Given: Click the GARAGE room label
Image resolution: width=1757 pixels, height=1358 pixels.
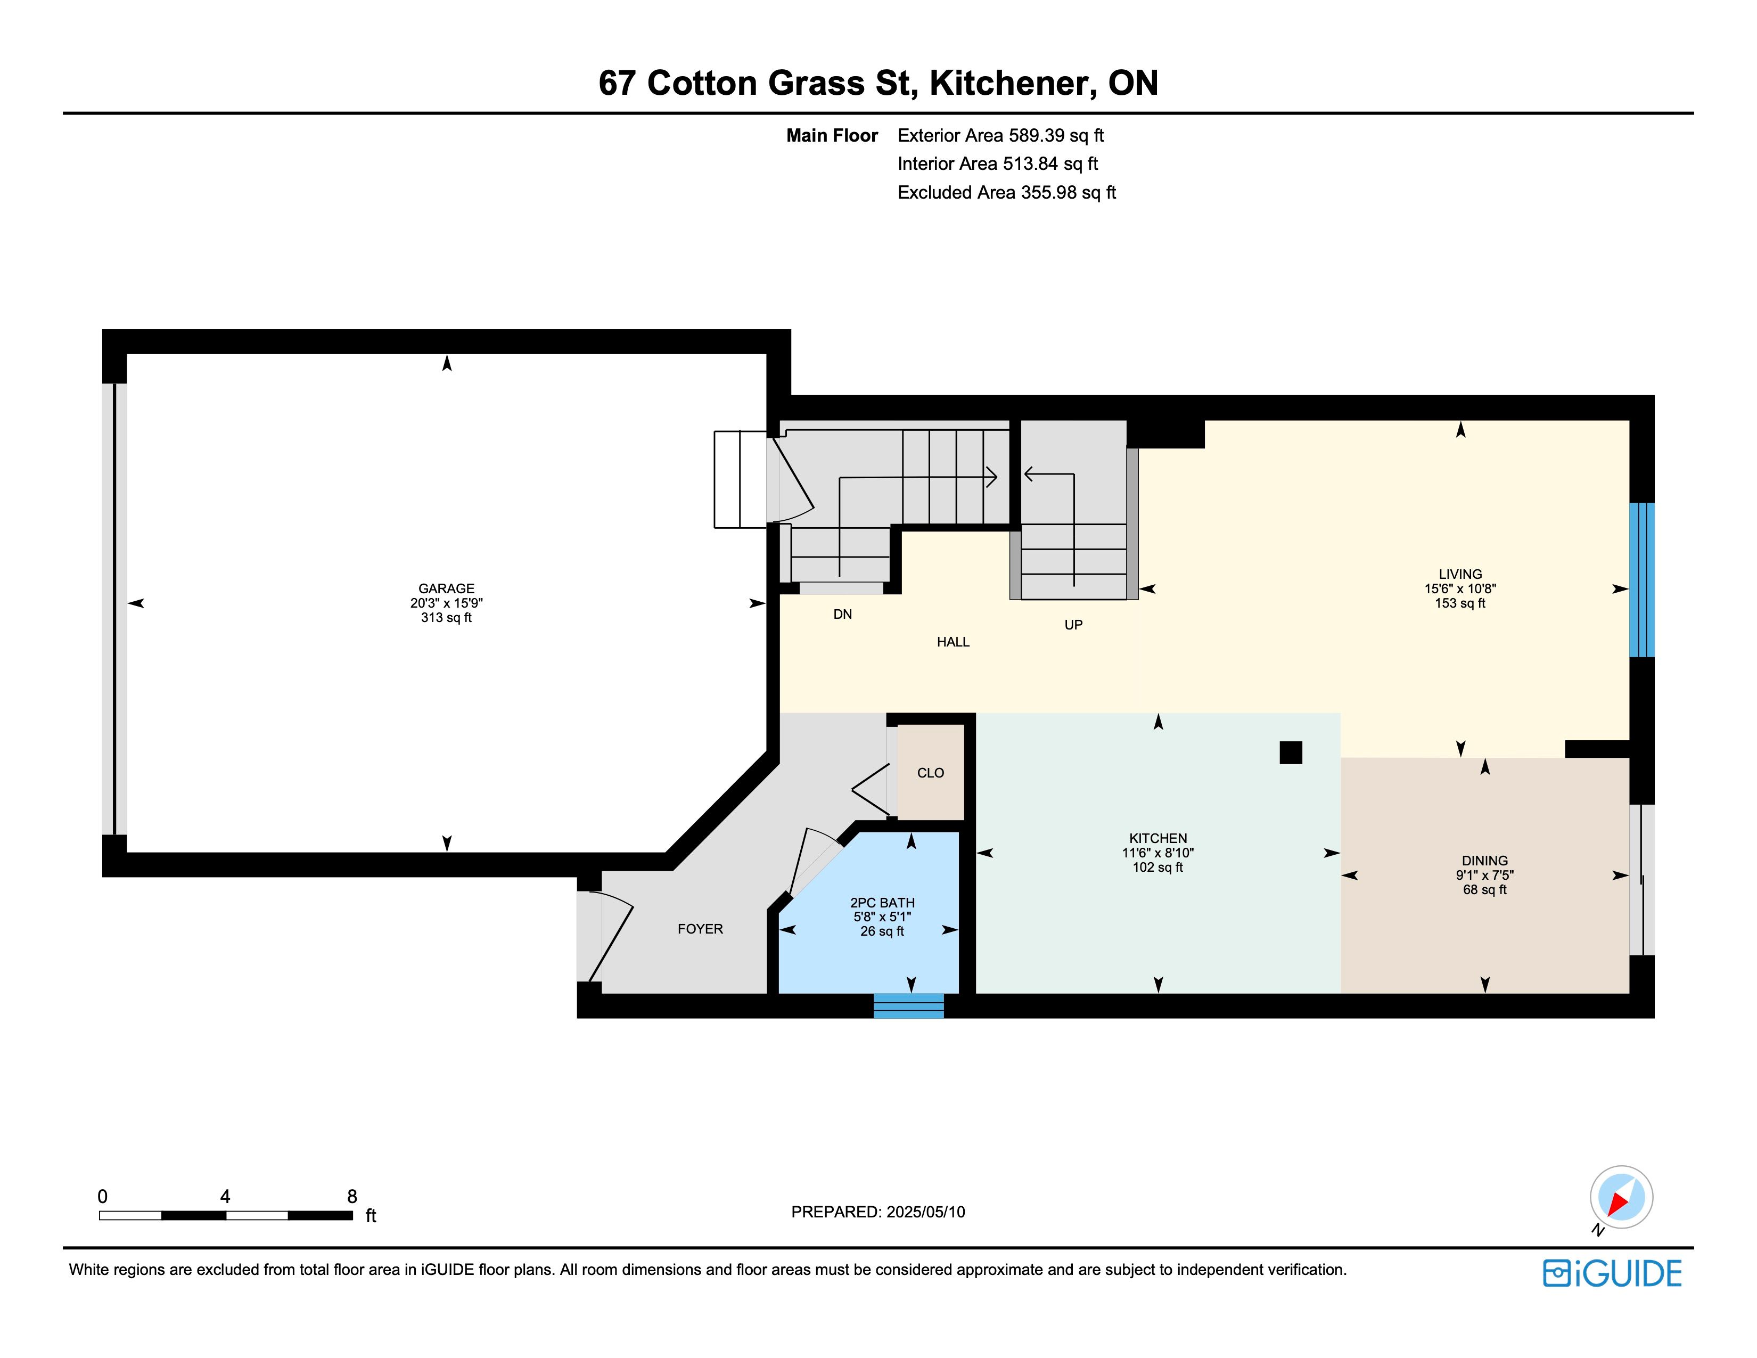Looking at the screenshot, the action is click(447, 588).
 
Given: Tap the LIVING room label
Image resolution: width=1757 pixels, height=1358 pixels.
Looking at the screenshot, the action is click(1460, 574).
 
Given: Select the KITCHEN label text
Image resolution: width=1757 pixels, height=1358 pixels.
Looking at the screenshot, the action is click(1157, 838).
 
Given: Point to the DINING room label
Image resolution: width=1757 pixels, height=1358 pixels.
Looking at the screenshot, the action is click(1485, 860).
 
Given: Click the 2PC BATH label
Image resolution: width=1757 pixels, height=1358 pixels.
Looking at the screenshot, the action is click(883, 903).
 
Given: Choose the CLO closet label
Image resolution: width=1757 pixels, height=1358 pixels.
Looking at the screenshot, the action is click(931, 772).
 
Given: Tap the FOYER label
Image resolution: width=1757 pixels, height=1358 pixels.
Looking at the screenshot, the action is click(700, 928).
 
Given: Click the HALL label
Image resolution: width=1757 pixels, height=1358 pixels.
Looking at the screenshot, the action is click(954, 641).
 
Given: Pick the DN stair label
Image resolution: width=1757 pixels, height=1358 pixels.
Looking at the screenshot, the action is click(842, 614).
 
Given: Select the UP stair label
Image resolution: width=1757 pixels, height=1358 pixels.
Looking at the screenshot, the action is click(1073, 624).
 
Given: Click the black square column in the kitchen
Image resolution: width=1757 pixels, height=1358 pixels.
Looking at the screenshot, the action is click(1291, 752).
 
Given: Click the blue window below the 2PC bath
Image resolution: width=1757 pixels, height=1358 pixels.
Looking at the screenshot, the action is click(908, 1005).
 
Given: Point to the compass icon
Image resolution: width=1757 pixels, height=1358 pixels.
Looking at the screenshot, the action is click(1621, 1198).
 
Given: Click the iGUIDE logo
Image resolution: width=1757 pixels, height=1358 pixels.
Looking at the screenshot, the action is click(1612, 1273).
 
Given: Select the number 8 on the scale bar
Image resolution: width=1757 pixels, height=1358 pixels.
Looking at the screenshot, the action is click(351, 1196).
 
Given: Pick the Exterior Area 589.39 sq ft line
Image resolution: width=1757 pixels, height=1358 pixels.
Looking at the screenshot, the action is click(1001, 135).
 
